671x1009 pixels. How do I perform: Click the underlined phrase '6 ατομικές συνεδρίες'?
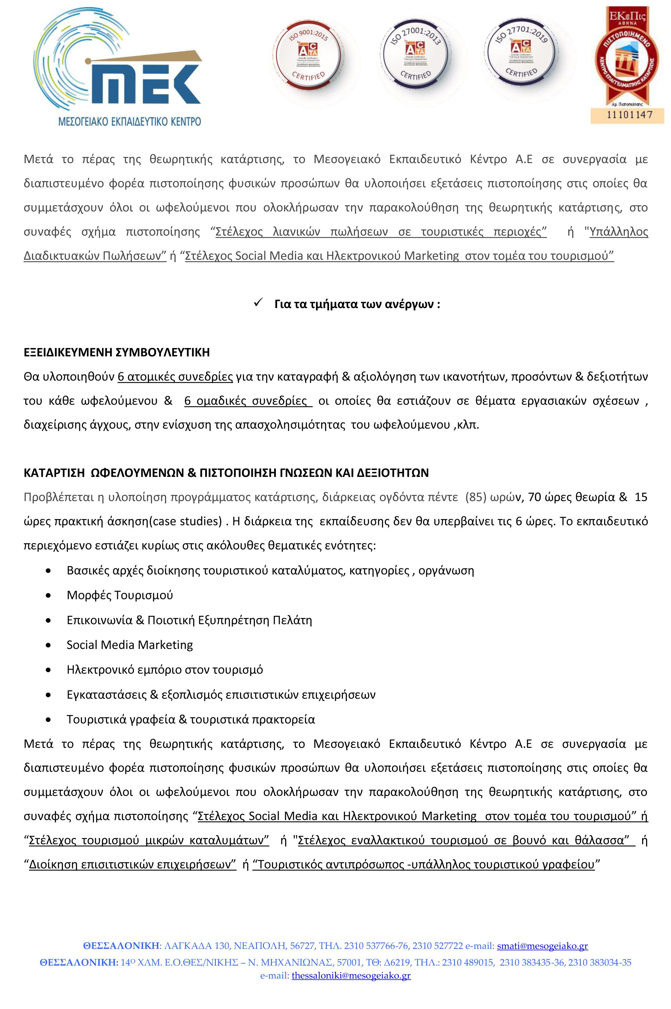(x=175, y=377)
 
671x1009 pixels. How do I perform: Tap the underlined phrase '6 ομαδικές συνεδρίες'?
(x=246, y=401)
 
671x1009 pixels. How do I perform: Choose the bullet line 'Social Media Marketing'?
(x=130, y=645)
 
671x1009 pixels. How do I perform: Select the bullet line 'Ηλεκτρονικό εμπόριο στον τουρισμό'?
(x=165, y=669)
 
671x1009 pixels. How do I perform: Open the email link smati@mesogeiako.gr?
(x=542, y=946)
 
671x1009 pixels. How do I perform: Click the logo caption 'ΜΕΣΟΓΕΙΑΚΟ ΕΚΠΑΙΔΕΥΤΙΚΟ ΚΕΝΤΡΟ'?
(x=129, y=122)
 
